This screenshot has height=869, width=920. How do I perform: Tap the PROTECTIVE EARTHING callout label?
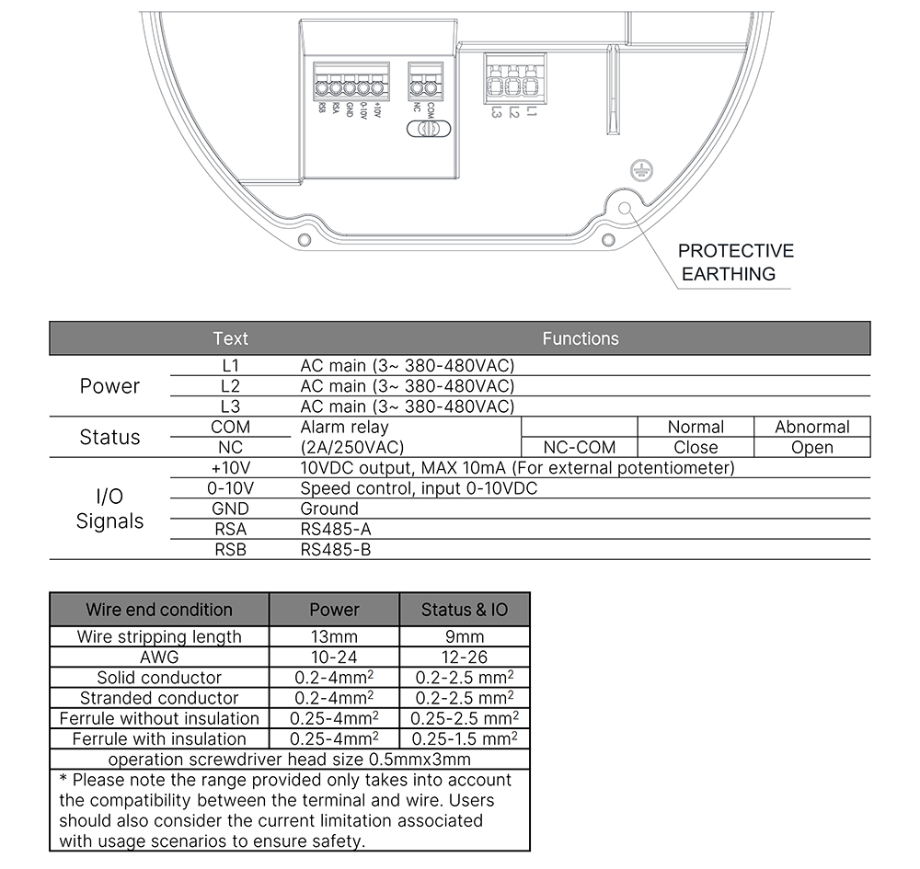click(x=735, y=262)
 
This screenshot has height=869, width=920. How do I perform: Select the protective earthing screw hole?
click(x=626, y=208)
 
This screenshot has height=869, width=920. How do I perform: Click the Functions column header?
click(x=581, y=338)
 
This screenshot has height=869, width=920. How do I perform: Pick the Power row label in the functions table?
click(x=109, y=386)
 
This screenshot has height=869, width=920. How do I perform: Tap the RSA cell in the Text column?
click(x=230, y=529)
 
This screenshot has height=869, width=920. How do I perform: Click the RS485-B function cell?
click(x=336, y=549)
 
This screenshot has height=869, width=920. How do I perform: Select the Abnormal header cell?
click(x=811, y=427)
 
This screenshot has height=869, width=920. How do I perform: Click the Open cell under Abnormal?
click(x=811, y=448)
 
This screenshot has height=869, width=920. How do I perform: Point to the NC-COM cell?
click(x=580, y=448)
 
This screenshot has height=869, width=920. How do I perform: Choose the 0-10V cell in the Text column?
click(x=230, y=488)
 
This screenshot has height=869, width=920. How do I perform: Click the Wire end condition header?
click(x=159, y=609)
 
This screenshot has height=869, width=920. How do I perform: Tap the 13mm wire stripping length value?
click(x=334, y=636)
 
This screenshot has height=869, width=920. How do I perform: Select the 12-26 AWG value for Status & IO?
click(x=465, y=657)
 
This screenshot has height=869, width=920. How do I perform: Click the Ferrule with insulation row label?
click(x=159, y=738)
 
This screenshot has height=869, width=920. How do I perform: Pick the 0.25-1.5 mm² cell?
click(x=465, y=738)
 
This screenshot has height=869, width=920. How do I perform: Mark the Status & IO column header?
click(x=465, y=609)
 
